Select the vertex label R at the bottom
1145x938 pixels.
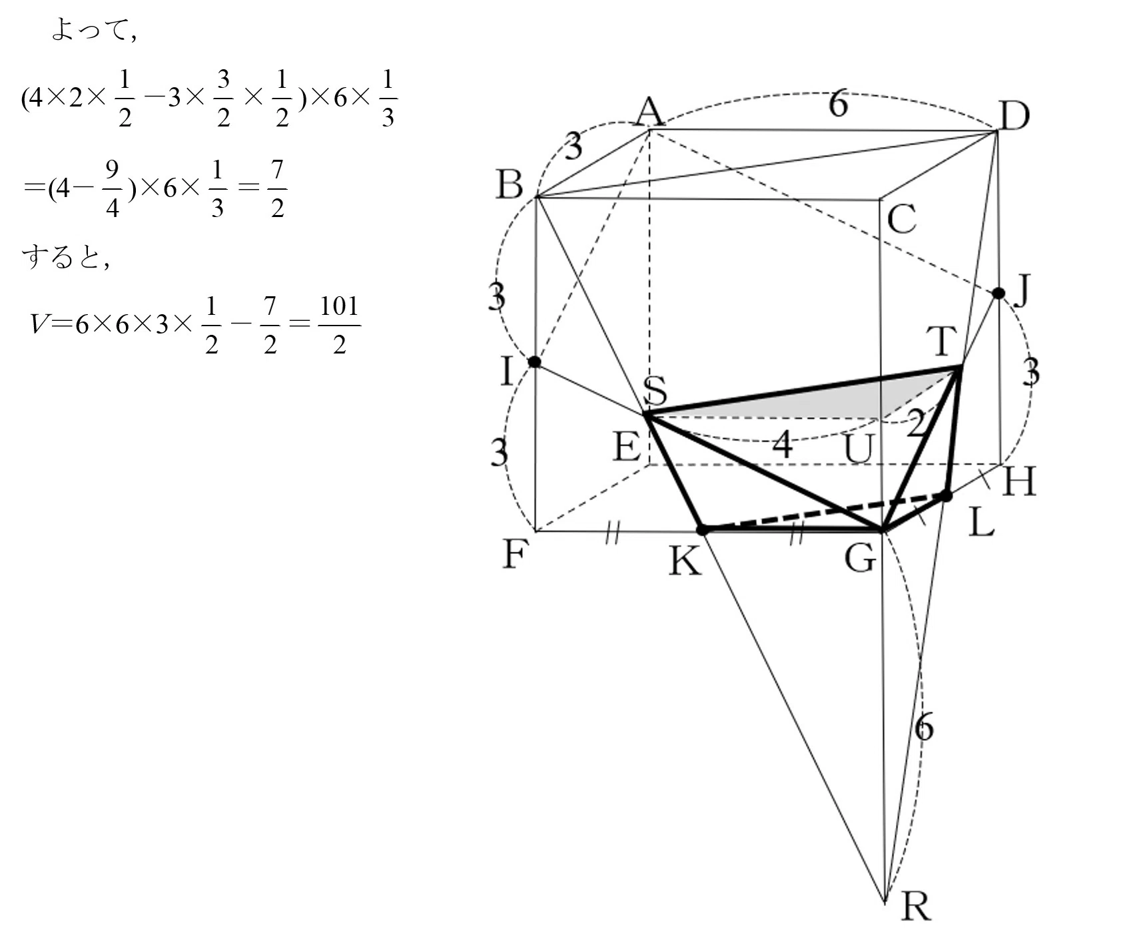pos(915,905)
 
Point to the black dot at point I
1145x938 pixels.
pos(534,361)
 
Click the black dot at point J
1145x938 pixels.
pos(998,293)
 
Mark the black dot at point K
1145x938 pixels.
pos(702,530)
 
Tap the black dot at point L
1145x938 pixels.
pos(946,495)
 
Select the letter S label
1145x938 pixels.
pos(656,390)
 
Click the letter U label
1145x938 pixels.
pos(858,449)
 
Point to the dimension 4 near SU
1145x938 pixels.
pos(783,444)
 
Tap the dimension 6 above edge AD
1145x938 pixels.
pos(838,105)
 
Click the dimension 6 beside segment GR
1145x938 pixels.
pos(924,726)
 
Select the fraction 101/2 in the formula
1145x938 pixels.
pos(339,326)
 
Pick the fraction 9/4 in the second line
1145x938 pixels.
pos(112,189)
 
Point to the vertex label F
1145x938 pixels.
pos(515,554)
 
